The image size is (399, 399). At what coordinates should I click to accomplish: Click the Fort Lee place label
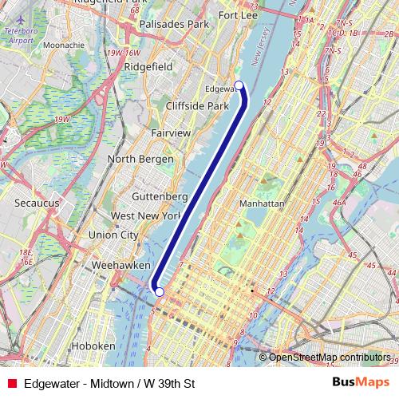click(x=238, y=15)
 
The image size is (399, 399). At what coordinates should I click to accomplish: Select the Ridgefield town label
click(x=149, y=68)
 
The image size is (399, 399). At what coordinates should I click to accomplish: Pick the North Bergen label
click(x=140, y=159)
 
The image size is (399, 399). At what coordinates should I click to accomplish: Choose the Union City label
click(x=113, y=235)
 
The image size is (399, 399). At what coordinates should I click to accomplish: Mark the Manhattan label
click(x=262, y=203)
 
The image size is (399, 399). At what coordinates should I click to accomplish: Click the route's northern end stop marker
click(x=239, y=85)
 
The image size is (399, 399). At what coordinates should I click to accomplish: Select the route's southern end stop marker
click(x=159, y=292)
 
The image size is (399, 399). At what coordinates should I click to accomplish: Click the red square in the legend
click(x=11, y=383)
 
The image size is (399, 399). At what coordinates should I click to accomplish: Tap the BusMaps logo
click(x=361, y=383)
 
